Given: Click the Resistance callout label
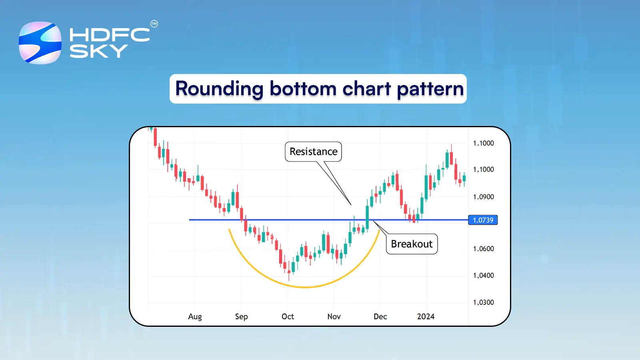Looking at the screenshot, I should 313,152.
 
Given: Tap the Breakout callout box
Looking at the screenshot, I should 412,244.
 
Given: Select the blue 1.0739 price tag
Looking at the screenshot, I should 483,220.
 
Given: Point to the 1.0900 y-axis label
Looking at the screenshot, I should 483,197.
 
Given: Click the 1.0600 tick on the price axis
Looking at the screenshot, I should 483,249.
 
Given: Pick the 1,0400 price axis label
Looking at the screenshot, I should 483,276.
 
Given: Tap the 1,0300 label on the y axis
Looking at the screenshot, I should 483,302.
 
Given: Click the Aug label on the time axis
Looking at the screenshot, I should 195,316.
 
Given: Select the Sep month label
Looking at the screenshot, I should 241,316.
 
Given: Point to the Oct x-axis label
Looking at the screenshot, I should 288,316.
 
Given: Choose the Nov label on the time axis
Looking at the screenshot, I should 334,316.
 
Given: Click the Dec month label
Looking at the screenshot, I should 380,316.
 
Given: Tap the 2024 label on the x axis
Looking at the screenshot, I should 426,316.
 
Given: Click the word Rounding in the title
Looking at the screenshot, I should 219,89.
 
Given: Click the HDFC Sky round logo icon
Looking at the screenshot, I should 40,43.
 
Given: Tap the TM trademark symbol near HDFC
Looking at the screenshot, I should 154,24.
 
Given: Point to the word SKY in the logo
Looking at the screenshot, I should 98,51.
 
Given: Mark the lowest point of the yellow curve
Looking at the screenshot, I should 305,287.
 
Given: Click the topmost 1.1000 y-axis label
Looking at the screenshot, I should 483,143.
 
